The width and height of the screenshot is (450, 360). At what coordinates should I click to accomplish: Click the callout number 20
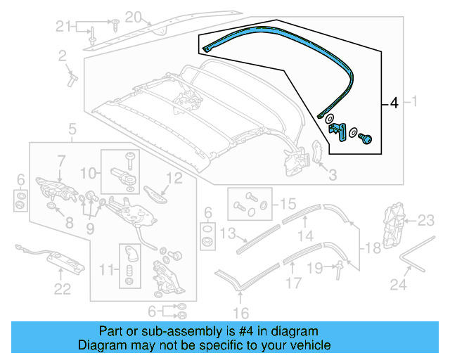tap(133, 17)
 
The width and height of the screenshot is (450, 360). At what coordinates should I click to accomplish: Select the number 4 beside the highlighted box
tap(394, 104)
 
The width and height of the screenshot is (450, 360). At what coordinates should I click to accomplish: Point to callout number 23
tap(427, 221)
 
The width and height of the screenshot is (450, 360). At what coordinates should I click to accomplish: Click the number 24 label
tap(399, 285)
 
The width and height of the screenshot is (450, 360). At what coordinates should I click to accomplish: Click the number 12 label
tap(174, 178)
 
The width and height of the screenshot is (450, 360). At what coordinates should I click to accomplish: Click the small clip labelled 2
tap(72, 77)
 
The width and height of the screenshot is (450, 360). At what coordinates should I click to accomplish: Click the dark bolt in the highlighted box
tap(366, 139)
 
